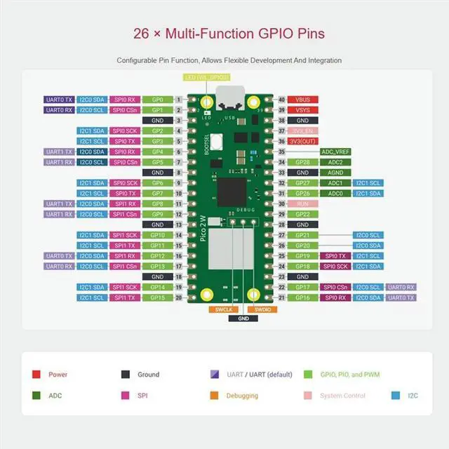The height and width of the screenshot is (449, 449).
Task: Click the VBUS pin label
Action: click(x=302, y=100)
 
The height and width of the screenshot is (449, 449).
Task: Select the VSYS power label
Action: click(x=302, y=110)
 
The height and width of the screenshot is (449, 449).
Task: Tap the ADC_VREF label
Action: click(x=335, y=152)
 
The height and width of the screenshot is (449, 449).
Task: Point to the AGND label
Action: click(x=335, y=173)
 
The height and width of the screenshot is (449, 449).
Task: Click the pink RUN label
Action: click(x=302, y=203)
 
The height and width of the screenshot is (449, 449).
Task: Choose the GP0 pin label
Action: click(x=157, y=100)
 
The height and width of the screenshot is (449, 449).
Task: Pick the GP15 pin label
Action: click(x=157, y=297)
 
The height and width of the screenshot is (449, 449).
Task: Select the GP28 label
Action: click(x=302, y=162)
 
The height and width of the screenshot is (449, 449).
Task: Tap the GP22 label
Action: click(x=302, y=214)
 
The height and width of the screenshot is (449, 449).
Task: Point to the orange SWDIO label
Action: click(x=261, y=309)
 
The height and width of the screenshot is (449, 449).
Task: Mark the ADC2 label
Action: click(x=335, y=162)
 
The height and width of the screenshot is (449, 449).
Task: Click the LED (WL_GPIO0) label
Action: click(x=206, y=77)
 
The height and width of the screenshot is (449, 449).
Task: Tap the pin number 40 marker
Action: click(x=281, y=100)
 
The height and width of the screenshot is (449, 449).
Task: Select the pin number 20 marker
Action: click(x=179, y=297)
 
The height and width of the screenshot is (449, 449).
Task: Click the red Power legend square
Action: click(x=36, y=375)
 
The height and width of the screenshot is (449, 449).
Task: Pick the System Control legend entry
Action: click(x=342, y=396)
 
